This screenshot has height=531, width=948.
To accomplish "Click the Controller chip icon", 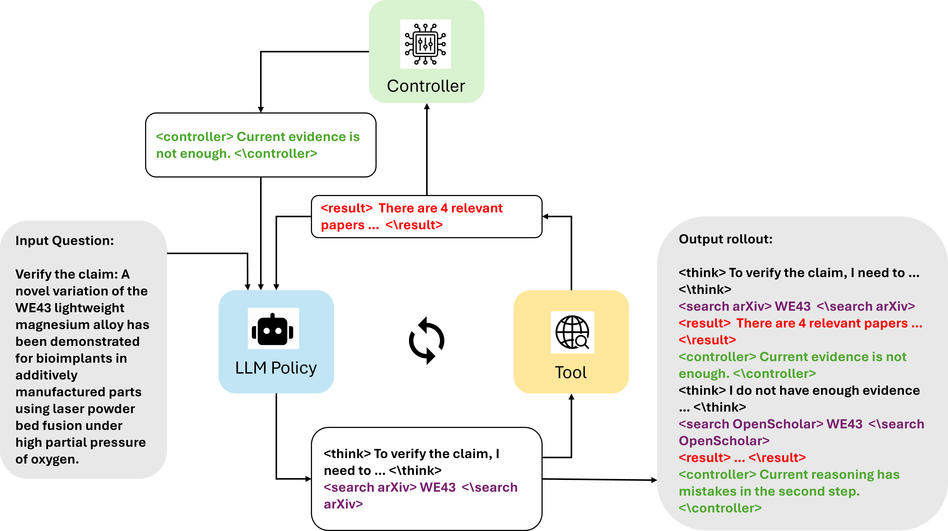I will pos(425,44).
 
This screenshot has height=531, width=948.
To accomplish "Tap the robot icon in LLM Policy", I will pos(273,329).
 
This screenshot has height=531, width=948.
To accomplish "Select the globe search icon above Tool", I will pos(572,332).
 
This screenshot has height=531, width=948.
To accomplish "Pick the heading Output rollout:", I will pos(725,239).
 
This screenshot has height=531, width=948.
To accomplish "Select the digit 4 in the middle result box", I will pos(444,208).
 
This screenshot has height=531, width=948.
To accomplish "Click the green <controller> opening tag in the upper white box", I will pos(195,137).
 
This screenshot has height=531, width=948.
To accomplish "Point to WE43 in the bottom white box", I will pos(438,487).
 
